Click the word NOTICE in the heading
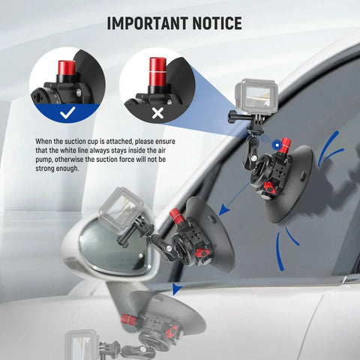[215, 23]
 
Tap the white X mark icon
[157, 112]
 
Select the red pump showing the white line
[157, 69]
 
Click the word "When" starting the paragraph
[44, 141]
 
